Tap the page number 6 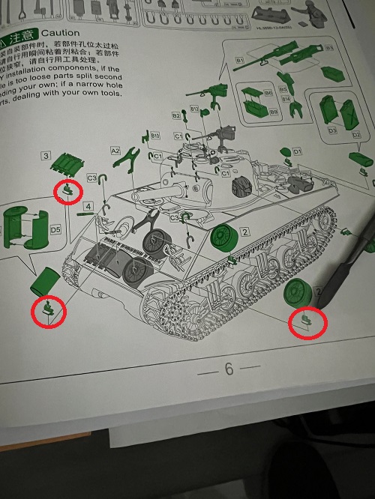pyautogui.click(x=229, y=369)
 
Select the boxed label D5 pyautogui.click(x=55, y=229)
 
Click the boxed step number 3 pyautogui.click(x=46, y=156)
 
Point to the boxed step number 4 pyautogui.click(x=88, y=206)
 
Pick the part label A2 pyautogui.click(x=115, y=151)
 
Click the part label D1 pyautogui.click(x=297, y=152)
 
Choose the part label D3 pyautogui.click(x=332, y=130)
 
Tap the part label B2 pyautogui.click(x=176, y=116)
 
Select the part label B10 pyautogui.click(x=155, y=136)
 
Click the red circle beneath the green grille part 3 pyautogui.click(x=69, y=191)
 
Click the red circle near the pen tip pyautogui.click(x=307, y=323)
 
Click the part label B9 pyautogui.click(x=274, y=112)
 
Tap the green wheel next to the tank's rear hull pyautogui.click(x=221, y=238)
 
